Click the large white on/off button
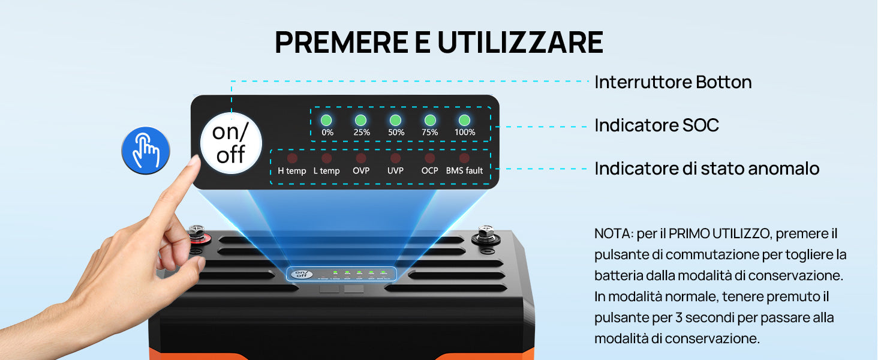(231, 143)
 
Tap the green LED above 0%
(326, 120)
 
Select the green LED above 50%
(395, 120)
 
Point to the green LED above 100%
(464, 120)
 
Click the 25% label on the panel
(362, 133)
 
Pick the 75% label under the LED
(430, 133)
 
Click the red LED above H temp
(292, 158)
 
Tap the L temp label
(326, 170)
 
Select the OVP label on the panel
(361, 170)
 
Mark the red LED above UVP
(395, 158)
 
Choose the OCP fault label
(429, 170)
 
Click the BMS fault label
(464, 170)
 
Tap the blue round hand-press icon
(145, 150)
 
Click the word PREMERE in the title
(341, 42)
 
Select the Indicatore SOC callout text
(657, 125)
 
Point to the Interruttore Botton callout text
(673, 82)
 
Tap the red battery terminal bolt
(197, 234)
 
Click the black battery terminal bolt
(486, 234)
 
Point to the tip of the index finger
(195, 159)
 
